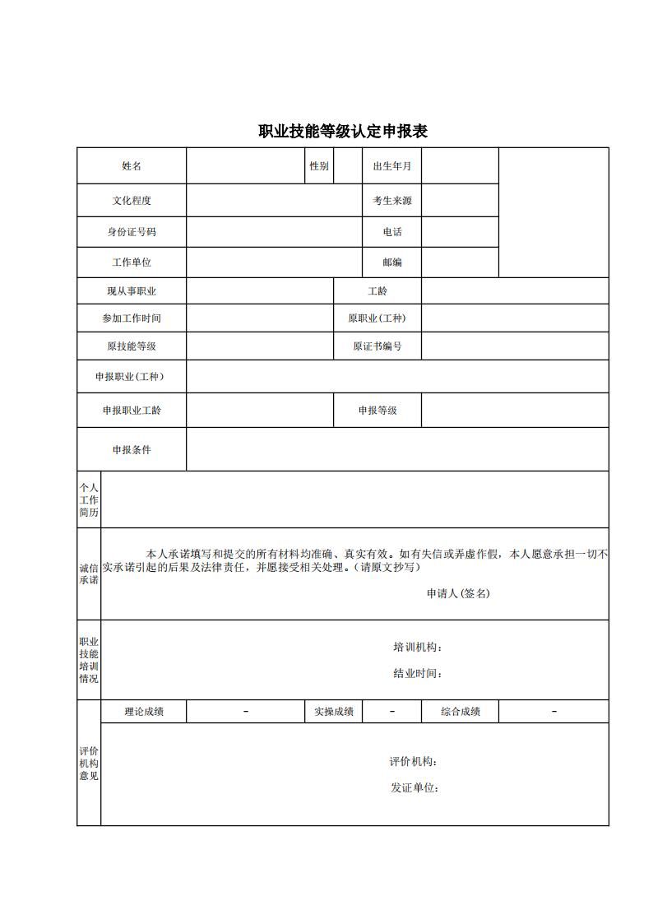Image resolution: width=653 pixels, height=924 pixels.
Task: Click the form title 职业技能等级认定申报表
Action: [343, 132]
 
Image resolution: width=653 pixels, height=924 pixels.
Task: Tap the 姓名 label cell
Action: [132, 166]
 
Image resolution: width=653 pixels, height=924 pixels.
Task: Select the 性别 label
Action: [319, 166]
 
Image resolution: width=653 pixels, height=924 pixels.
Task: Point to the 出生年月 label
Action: [392, 166]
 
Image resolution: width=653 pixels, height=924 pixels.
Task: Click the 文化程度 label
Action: [132, 201]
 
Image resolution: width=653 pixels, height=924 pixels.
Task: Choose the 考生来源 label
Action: [392, 201]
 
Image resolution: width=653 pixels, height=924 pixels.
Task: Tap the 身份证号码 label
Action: [132, 232]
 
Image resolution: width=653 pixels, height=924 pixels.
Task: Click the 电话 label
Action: [392, 232]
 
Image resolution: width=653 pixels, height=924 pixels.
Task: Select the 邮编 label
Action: [392, 262]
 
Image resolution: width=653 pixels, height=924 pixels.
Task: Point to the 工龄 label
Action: [377, 291]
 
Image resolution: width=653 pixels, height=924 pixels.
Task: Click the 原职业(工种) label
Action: [377, 318]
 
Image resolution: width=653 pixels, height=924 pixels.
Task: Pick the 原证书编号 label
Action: [377, 346]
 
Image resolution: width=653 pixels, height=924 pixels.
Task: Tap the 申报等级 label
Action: [377, 410]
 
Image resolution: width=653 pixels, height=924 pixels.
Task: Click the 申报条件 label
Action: [132, 450]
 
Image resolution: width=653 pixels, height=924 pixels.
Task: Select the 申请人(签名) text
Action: [458, 593]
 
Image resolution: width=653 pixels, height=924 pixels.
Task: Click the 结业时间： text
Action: [418, 674]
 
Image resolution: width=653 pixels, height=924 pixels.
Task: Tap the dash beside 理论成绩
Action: [246, 712]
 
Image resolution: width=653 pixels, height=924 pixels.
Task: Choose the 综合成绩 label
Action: [461, 712]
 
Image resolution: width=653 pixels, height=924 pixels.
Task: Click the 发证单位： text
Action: [414, 788]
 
